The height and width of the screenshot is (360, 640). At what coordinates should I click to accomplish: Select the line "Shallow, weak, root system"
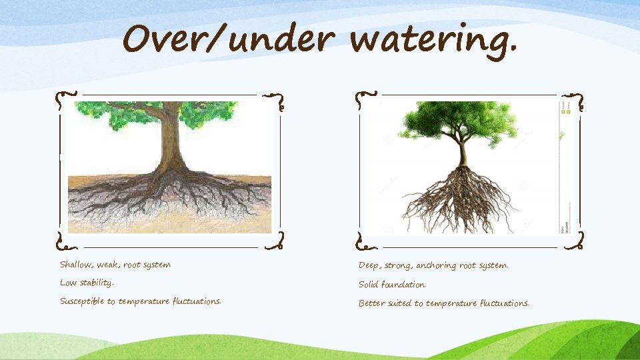click(115, 265)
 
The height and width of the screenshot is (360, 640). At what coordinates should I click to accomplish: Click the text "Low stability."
click(87, 283)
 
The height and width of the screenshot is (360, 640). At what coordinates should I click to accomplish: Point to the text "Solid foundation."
click(392, 285)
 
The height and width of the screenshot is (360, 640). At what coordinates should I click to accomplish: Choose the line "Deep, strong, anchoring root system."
click(433, 265)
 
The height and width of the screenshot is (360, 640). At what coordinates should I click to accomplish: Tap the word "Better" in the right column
click(371, 303)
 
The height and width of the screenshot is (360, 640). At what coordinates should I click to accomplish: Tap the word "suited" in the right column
click(400, 303)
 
